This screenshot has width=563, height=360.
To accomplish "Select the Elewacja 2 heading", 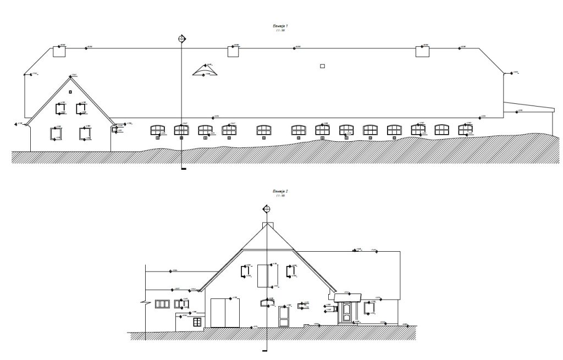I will [281, 191].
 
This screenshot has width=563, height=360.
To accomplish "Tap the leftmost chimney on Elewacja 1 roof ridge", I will [59, 52].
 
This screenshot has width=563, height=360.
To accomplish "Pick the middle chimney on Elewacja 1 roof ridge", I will [235, 52].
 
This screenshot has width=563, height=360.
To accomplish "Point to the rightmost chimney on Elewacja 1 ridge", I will [422, 52].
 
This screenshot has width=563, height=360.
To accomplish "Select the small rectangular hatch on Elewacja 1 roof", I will [322, 66].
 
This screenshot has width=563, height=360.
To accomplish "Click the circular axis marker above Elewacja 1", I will [182, 38].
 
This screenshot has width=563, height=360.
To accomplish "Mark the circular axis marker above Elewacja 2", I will [267, 209].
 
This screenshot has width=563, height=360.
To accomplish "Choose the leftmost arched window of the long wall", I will [158, 130].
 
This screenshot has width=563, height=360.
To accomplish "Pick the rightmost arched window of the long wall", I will [466, 130].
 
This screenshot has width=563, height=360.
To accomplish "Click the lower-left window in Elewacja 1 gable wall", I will [55, 133].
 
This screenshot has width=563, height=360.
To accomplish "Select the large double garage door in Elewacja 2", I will [225, 312].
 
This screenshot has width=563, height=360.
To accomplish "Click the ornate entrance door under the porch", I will [347, 313].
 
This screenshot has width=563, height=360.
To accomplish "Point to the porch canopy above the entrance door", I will [347, 298].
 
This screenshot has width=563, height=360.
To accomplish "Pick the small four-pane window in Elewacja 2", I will [197, 322].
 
